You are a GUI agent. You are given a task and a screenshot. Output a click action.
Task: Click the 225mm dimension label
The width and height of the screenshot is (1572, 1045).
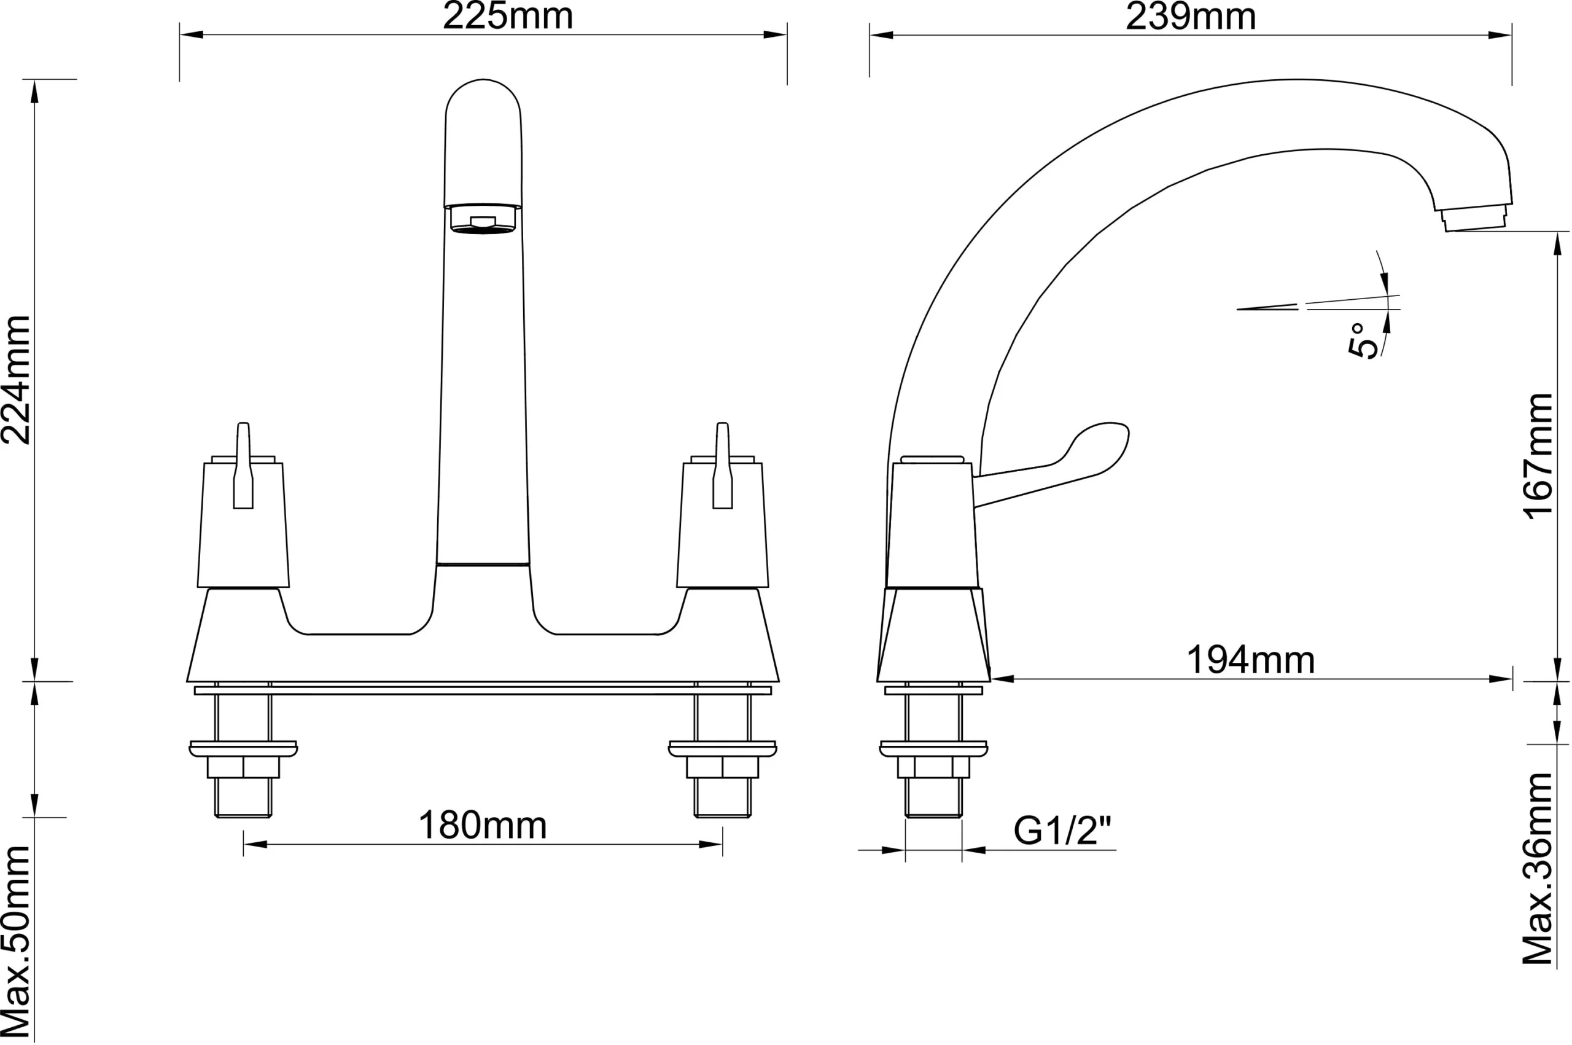click(508, 16)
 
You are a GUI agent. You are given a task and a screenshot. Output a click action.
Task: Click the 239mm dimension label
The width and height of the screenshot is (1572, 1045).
click(1190, 16)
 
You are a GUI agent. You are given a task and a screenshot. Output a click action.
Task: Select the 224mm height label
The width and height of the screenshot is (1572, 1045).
click(16, 380)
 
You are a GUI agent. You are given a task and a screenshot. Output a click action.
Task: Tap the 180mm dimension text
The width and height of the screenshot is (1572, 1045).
click(482, 826)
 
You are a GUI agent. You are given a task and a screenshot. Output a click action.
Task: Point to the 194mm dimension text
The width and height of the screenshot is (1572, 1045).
click(1251, 660)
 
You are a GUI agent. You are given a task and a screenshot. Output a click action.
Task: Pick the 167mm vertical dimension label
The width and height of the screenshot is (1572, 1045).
click(1539, 456)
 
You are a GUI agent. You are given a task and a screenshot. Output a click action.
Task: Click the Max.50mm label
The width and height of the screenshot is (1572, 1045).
click(16, 943)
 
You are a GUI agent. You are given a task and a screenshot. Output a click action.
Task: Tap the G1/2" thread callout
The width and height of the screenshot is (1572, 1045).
click(1062, 831)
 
